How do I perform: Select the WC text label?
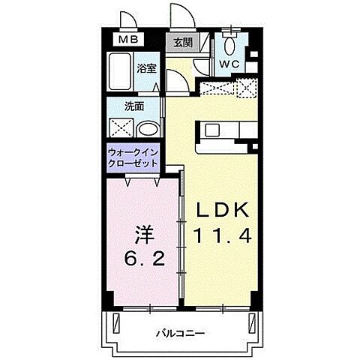pyautogui.click(x=229, y=64)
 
